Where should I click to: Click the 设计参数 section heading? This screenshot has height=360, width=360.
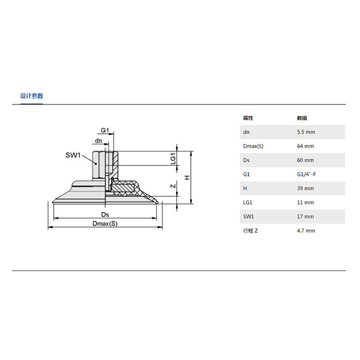32,96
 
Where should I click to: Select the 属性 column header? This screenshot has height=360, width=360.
248,118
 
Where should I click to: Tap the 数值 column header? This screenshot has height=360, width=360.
302,118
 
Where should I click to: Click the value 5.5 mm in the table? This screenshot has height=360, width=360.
306,132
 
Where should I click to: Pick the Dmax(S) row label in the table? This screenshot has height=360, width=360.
253,146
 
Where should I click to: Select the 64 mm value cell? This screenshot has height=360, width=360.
305,146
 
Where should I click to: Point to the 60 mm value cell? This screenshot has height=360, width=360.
305,160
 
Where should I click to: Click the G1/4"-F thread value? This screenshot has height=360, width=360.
306,174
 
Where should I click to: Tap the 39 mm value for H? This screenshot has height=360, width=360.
305,189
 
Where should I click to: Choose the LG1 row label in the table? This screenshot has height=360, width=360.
248,203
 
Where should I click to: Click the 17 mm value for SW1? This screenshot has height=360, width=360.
305,216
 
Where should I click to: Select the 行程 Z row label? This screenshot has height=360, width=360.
250,231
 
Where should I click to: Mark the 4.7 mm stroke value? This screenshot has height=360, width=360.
306,231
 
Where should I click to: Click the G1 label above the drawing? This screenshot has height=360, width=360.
105,130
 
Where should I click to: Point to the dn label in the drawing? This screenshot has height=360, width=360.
98,141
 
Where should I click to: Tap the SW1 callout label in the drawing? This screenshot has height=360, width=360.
73,155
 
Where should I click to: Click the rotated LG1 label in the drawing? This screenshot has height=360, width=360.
173,159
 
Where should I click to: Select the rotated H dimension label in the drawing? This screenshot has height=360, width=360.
187,178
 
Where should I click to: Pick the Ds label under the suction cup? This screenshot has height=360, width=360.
105,215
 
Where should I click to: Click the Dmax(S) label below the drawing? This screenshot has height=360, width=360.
105,224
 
